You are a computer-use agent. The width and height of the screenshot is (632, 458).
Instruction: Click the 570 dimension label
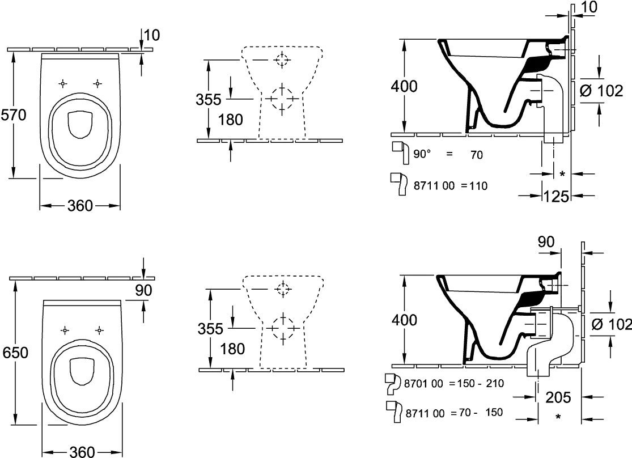pos(13,115)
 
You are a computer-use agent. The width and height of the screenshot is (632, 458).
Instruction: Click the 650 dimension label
pos(15,353)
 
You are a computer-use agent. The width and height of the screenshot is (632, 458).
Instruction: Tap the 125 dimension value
pos(556,196)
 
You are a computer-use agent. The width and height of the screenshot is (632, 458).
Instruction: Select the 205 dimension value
pos(558,397)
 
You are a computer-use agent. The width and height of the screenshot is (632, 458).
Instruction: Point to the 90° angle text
pos(422,154)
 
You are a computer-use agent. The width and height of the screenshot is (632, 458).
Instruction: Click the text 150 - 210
pos(480,383)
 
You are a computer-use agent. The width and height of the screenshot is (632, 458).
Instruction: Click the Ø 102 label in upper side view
pos(601,91)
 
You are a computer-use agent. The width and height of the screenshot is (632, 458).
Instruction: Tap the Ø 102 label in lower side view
pos(611,324)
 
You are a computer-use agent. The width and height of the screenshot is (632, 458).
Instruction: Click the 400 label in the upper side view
pos(404,86)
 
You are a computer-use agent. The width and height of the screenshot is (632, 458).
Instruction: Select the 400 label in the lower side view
pos(404,320)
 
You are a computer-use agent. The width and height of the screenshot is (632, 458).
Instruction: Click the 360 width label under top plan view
pos(80,206)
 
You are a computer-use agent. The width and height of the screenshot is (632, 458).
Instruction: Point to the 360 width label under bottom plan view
pos(82,452)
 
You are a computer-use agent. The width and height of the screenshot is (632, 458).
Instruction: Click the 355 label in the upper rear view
pos(209,100)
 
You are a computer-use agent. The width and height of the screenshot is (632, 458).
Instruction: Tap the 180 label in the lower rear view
pos(233,349)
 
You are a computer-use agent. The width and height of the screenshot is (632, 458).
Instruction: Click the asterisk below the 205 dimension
pos(558,417)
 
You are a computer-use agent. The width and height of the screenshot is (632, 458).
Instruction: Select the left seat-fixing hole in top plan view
pos(62,83)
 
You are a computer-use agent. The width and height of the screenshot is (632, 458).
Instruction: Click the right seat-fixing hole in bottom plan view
pos(99,330)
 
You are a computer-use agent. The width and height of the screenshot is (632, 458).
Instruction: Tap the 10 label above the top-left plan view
pos(151,36)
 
